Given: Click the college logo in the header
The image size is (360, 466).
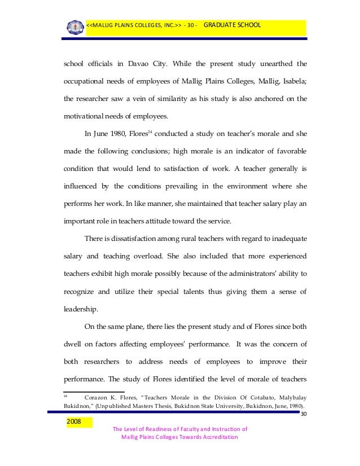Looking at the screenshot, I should (74, 26).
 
